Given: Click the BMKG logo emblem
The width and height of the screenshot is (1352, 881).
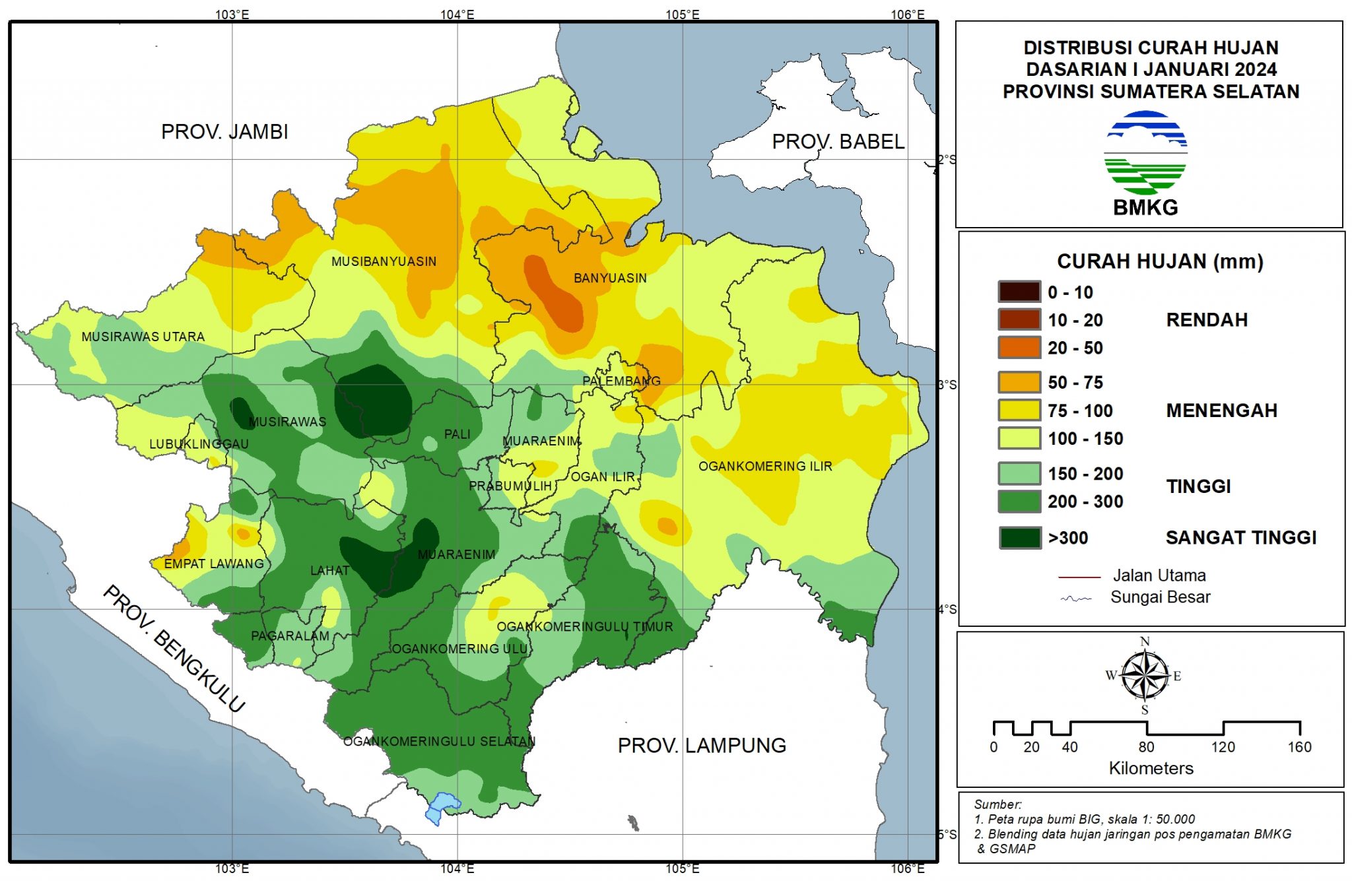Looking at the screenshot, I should [x=1145, y=153].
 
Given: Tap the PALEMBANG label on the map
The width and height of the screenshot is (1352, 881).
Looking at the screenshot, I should [x=621, y=381].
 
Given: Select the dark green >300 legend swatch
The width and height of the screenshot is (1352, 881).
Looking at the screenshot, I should [x=1020, y=538].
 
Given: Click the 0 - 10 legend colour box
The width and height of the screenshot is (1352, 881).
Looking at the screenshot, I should [x=1020, y=292].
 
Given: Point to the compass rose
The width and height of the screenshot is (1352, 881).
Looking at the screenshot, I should [x=1145, y=676].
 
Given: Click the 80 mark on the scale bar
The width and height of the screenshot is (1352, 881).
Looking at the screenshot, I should [x=1146, y=746].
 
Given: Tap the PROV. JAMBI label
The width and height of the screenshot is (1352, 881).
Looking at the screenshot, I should [x=224, y=131].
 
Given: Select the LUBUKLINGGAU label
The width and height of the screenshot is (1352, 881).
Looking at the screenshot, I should [x=199, y=443].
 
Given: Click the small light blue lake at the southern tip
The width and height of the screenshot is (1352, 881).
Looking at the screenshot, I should [x=442, y=806].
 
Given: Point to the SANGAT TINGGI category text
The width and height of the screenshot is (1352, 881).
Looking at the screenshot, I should [x=1240, y=538].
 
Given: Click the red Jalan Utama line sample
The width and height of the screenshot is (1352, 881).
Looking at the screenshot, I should [x=1079, y=577].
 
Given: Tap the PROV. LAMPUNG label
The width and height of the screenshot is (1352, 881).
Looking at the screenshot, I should [x=702, y=745].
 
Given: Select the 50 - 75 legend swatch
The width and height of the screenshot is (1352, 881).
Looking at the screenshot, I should [x=1020, y=382].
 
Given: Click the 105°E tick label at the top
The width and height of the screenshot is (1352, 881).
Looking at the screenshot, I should [x=682, y=15].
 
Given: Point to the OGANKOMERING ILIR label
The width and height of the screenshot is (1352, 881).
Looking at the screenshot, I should [x=765, y=466].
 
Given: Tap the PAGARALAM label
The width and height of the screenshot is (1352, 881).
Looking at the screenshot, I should [x=290, y=636].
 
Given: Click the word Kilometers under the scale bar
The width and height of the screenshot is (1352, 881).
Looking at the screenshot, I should [x=1151, y=768].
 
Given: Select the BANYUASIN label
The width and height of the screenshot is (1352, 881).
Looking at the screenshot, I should [x=610, y=278].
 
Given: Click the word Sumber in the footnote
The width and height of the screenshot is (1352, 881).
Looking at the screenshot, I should [x=997, y=804].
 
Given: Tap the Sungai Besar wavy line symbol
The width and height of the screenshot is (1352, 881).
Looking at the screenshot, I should [x=1076, y=599].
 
